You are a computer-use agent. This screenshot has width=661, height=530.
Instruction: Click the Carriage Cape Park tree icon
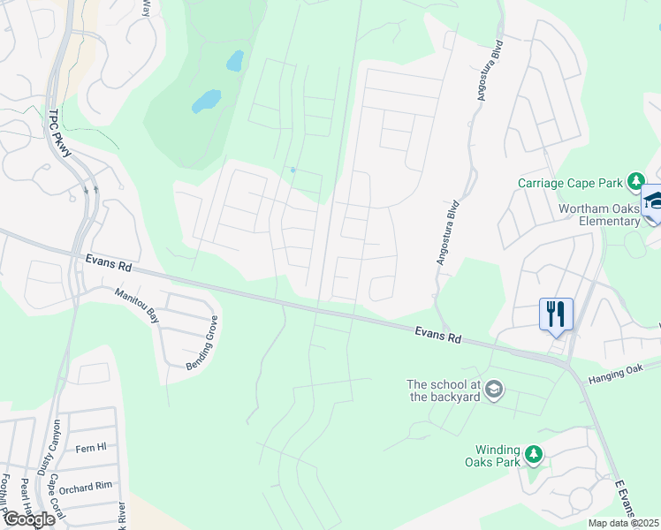(634, 183)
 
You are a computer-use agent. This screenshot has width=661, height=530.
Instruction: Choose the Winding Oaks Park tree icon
(534, 454)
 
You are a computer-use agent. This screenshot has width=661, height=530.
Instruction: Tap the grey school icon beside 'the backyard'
(494, 390)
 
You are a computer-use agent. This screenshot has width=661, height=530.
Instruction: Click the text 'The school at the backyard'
(443, 390)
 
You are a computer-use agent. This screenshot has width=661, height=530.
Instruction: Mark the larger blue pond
(206, 101)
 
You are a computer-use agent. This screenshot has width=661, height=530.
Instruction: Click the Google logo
(29, 519)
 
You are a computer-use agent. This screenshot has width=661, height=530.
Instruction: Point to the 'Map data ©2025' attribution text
(623, 523)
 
